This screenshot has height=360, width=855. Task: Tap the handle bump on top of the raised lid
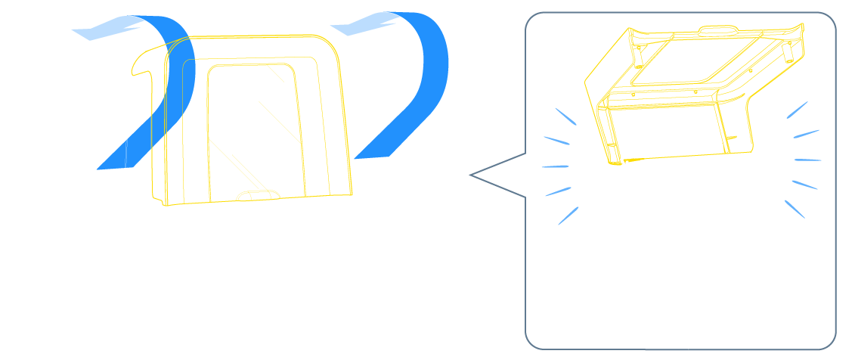point(719,30)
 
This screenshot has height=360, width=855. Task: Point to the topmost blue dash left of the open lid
point(565,116)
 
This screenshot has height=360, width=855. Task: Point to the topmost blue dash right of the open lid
point(797,110)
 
